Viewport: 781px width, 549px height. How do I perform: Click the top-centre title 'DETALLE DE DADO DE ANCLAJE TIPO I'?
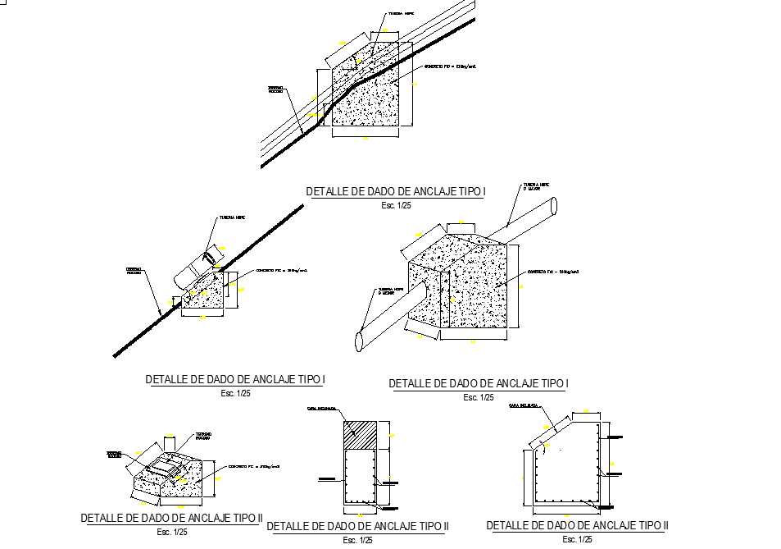[396, 192]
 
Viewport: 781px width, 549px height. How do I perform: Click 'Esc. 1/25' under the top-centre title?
[396, 206]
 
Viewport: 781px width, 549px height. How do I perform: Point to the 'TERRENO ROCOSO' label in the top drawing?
[275, 89]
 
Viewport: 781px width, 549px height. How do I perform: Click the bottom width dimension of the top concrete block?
[366, 138]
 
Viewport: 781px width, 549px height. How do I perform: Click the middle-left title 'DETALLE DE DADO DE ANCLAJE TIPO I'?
[236, 380]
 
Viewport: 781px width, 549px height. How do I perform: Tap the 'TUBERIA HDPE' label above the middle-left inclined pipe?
[231, 218]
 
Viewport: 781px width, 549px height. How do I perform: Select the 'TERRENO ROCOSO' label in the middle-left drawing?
[134, 271]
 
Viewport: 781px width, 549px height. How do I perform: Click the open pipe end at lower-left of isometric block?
[359, 340]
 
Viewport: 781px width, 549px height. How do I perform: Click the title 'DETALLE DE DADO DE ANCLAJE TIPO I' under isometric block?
[479, 383]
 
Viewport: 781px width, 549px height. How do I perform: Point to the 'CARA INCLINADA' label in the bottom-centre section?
[320, 408]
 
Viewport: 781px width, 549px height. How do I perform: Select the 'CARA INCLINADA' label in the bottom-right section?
[523, 406]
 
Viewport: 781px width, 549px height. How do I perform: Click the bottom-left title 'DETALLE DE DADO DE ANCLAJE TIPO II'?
[171, 519]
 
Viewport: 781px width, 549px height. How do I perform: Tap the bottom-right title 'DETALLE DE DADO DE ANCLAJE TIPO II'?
[577, 525]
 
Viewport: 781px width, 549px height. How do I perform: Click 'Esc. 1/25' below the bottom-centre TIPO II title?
[357, 540]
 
